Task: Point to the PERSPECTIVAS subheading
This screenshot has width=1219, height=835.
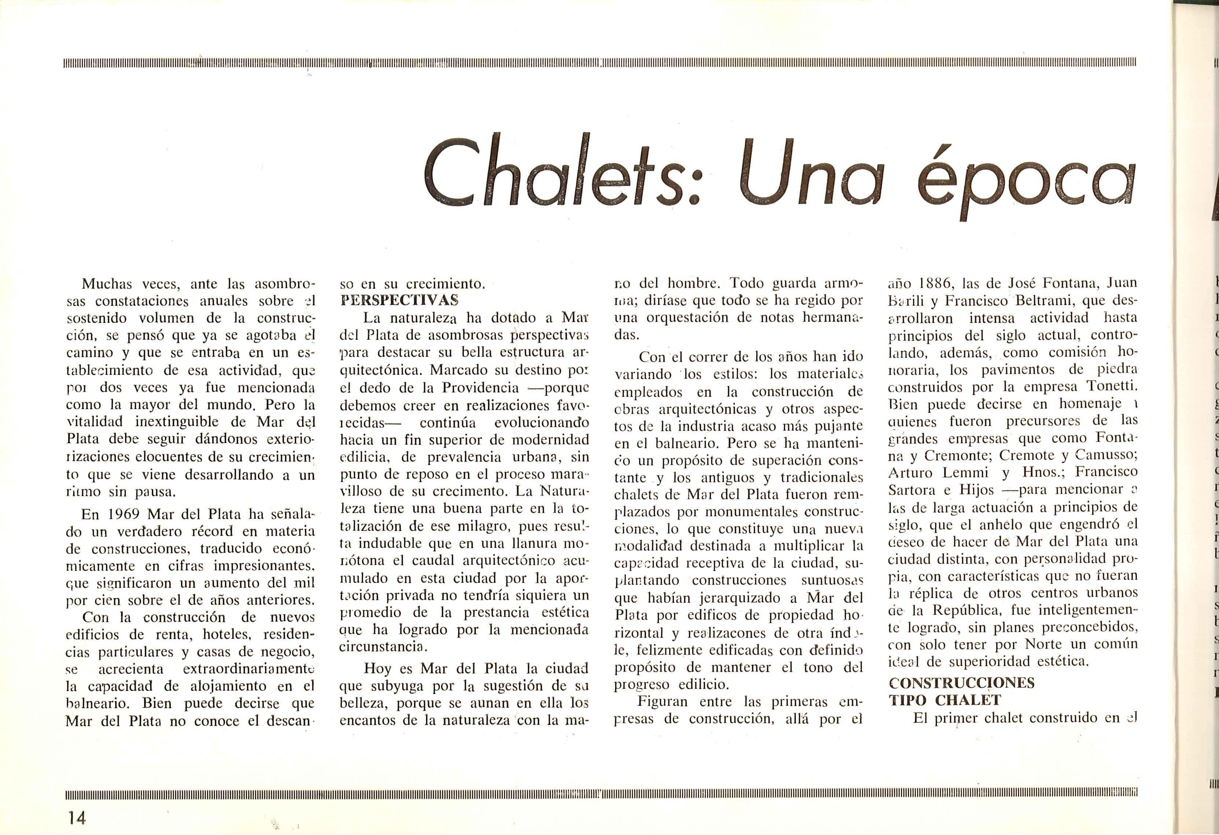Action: (x=399, y=301)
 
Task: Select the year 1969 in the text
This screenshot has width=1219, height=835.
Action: (x=124, y=515)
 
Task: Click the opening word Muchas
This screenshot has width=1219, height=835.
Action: (x=108, y=284)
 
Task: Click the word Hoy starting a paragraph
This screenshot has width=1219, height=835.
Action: (x=378, y=669)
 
